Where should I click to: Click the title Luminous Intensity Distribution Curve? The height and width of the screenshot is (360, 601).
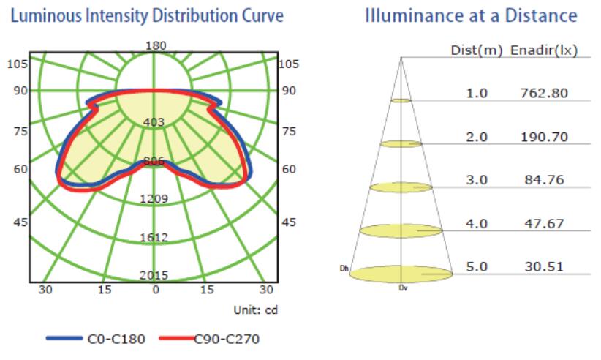point(144,15)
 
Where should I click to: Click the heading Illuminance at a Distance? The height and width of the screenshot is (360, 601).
point(472,15)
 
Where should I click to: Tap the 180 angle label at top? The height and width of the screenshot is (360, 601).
point(156,45)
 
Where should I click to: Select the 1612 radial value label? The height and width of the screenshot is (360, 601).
point(155,237)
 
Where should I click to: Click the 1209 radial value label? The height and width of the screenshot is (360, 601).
point(155,198)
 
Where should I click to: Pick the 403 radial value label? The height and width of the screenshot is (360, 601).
point(154,122)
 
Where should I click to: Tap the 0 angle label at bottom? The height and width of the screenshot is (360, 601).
point(155,290)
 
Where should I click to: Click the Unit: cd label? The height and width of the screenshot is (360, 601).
point(254,310)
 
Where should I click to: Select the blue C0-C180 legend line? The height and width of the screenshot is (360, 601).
point(67,338)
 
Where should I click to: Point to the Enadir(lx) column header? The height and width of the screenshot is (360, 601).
point(544,50)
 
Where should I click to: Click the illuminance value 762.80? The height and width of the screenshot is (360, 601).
point(543,94)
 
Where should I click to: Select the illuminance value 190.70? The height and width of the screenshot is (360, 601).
point(543,137)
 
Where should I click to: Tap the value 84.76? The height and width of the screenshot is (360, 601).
point(543,180)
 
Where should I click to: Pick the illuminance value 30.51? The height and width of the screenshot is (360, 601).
point(543,266)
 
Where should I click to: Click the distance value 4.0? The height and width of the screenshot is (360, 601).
point(477,223)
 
